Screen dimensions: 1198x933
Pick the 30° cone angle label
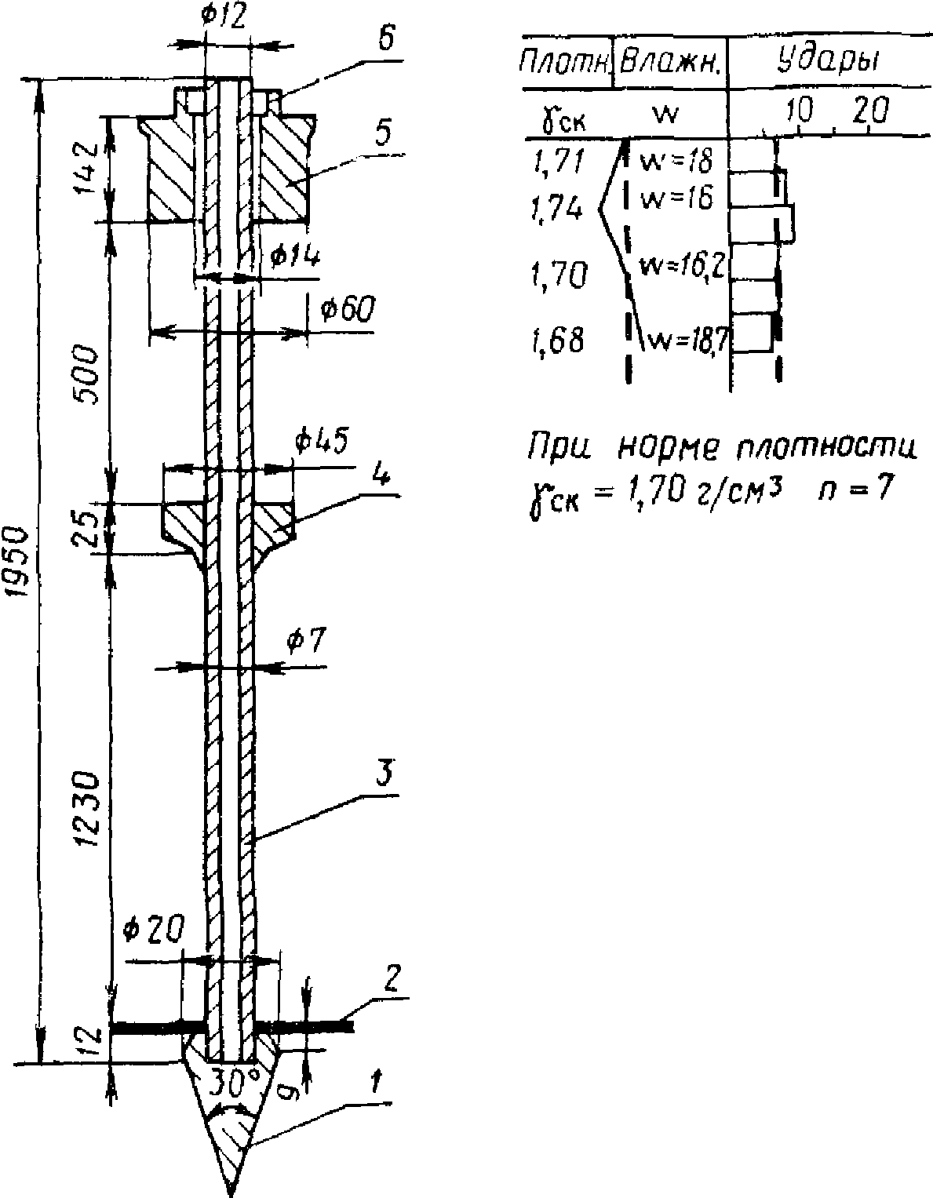pyautogui.click(x=231, y=1083)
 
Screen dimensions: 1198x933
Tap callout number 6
pyautogui.click(x=384, y=42)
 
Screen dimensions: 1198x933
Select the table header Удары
pyautogui.click(x=827, y=59)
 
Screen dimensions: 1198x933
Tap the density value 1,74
pyautogui.click(x=556, y=208)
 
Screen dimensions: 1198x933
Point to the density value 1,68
pyautogui.click(x=557, y=341)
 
